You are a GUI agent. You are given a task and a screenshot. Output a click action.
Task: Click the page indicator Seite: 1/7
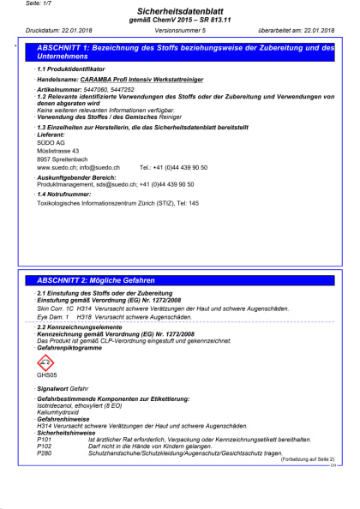click(x=33, y=3)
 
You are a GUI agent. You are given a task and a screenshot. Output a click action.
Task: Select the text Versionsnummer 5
click(x=181, y=31)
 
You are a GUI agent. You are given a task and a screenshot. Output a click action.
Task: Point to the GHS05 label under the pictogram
click(x=46, y=376)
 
